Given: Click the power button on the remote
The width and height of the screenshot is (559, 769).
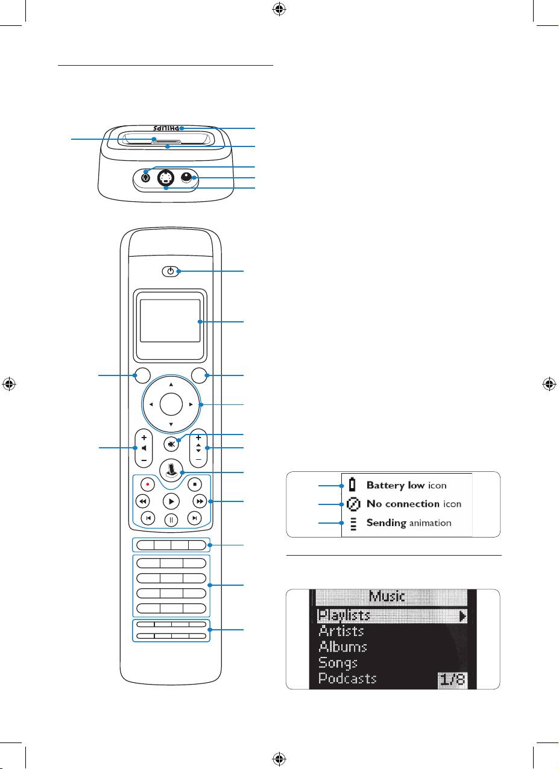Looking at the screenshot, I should click(171, 272).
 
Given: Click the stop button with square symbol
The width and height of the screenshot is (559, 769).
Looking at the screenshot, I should click(195, 483).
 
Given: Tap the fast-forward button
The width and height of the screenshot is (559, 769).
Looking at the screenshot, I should click(199, 501).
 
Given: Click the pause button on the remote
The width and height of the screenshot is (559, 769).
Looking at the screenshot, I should click(171, 518).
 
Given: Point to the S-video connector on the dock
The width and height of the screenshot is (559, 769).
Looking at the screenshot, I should click(165, 178).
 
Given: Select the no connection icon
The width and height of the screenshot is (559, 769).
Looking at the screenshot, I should click(353, 504).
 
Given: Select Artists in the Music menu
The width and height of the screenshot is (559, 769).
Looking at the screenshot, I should click(341, 631).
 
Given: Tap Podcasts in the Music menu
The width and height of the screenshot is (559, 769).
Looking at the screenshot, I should click(347, 678).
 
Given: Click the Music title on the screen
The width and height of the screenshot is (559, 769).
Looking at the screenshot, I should click(387, 597).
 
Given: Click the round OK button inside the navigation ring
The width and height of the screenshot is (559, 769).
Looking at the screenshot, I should click(171, 404).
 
